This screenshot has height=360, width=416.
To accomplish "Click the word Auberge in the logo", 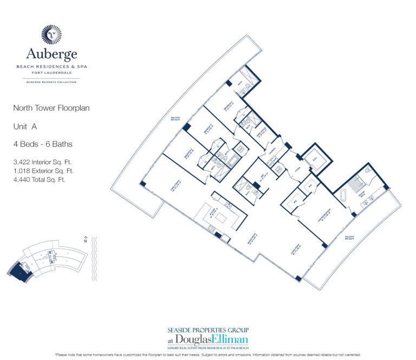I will (x=52, y=53).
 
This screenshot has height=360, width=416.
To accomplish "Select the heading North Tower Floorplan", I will (x=51, y=108).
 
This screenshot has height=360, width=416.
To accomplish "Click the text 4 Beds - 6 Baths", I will (x=43, y=144).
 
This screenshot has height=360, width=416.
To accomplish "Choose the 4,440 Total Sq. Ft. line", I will (x=39, y=179).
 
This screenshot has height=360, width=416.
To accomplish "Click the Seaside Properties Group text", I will (x=208, y=330).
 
